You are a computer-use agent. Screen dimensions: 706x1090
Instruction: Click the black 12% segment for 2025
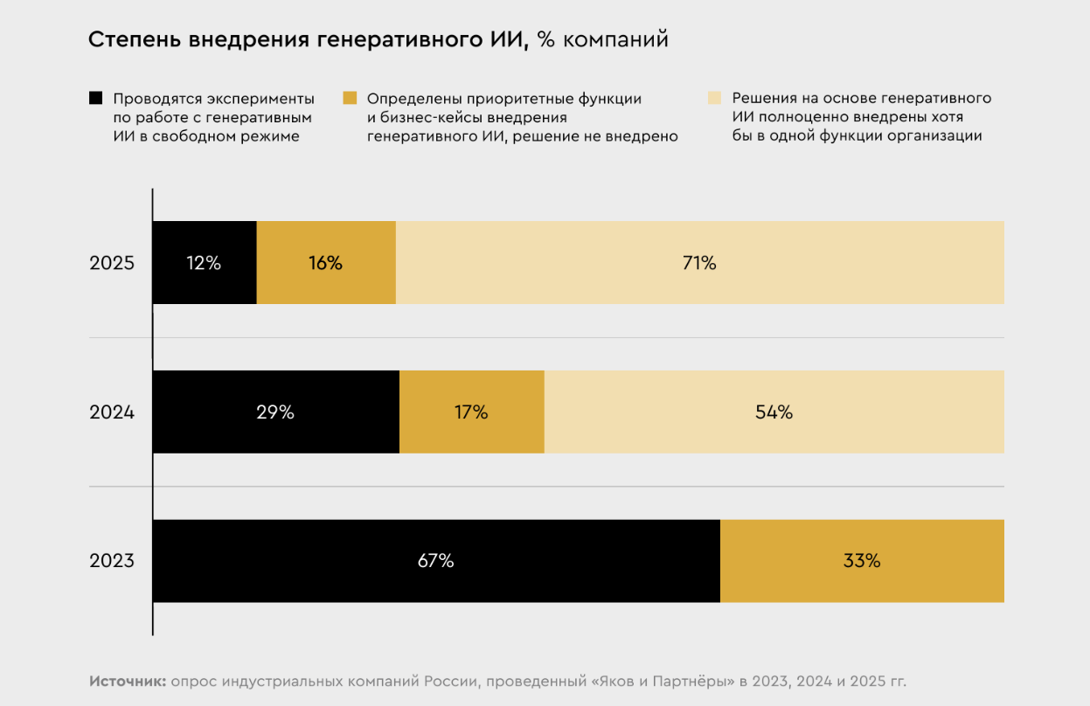point(205,262)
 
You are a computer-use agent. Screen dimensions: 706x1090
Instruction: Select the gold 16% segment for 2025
point(326,262)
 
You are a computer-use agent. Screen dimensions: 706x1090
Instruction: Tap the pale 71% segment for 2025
point(699,262)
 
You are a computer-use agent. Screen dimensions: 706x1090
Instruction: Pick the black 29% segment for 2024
point(275,412)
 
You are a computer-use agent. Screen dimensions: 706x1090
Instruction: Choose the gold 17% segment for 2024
point(472,412)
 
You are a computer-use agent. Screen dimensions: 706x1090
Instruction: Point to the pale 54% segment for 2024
point(774,412)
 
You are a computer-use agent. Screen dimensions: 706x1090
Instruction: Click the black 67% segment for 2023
point(435,561)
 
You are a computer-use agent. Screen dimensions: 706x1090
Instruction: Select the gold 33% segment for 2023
point(862,561)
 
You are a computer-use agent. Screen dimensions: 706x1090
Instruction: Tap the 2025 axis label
point(112,262)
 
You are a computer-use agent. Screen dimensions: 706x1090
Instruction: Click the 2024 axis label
point(112,412)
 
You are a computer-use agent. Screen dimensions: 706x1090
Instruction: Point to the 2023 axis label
point(112,561)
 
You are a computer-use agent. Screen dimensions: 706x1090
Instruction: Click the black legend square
point(96,98)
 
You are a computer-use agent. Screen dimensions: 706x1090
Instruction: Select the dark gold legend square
point(350,98)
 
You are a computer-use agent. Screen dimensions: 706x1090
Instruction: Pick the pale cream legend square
point(714,98)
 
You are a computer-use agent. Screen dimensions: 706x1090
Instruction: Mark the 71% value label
point(699,262)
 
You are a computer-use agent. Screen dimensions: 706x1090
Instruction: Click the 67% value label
point(435,561)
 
